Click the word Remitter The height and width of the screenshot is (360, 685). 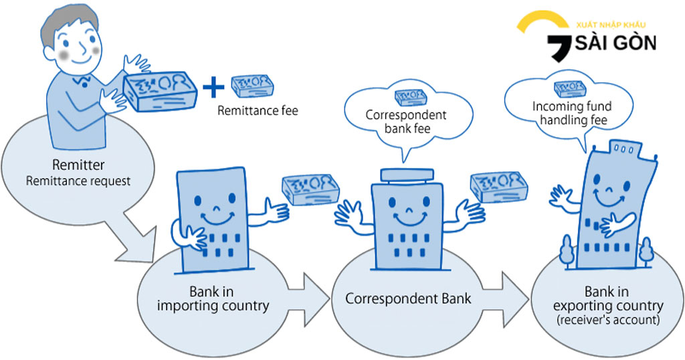[x=80, y=165]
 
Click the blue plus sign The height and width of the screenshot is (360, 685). [x=213, y=87]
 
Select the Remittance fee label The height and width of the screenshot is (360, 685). [x=258, y=110]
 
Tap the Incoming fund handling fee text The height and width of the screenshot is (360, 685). [x=571, y=113]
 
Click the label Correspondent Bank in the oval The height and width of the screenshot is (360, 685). [x=408, y=298]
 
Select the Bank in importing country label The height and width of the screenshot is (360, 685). [x=213, y=299]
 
